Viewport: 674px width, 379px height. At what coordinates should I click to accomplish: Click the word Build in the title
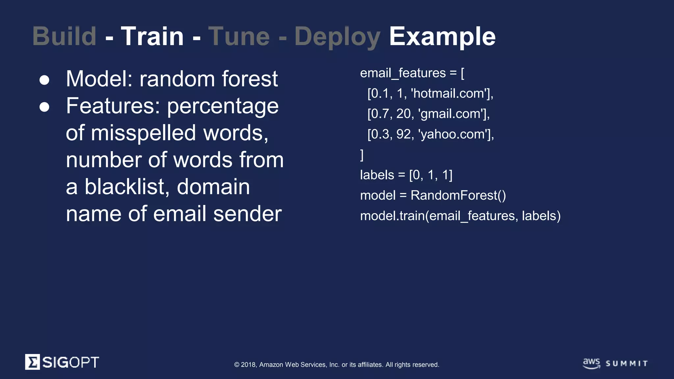[65, 36]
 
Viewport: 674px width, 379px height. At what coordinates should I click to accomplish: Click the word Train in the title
[152, 36]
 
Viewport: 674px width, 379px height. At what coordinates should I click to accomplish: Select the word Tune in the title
[239, 36]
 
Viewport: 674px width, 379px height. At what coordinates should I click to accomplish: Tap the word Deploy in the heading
[337, 37]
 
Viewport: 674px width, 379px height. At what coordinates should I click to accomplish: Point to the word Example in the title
[442, 37]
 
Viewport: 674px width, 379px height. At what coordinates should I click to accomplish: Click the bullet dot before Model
[44, 80]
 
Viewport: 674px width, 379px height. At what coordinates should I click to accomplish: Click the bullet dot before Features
[44, 107]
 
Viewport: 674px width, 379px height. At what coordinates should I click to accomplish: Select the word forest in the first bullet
[250, 79]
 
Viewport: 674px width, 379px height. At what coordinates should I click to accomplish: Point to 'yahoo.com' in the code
[454, 134]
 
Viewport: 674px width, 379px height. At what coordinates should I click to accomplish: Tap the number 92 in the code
[404, 134]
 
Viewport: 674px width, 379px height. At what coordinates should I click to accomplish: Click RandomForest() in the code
[458, 195]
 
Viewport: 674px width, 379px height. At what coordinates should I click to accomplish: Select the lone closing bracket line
[362, 155]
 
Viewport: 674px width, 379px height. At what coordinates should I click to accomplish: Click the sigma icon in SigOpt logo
[32, 362]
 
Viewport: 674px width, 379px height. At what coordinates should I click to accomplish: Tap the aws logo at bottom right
[591, 363]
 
